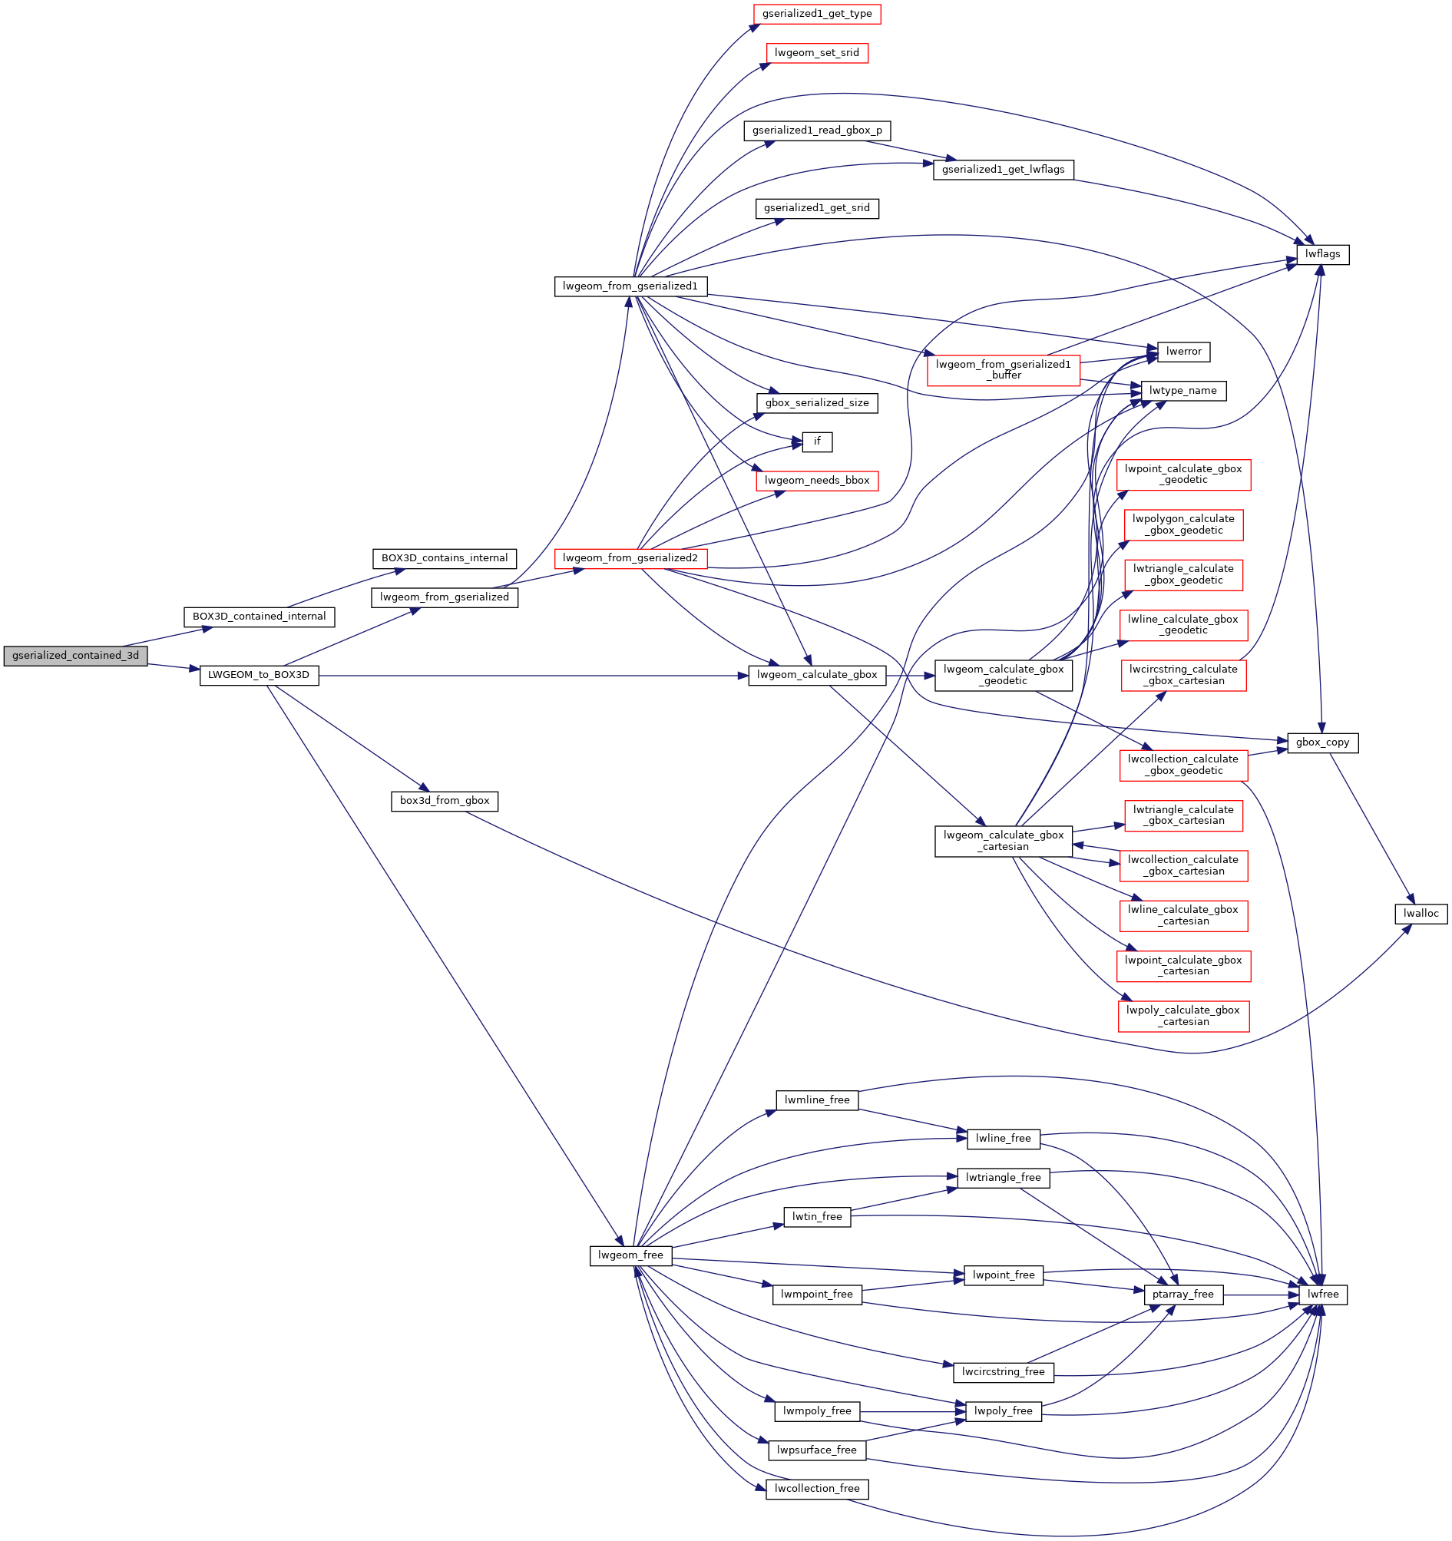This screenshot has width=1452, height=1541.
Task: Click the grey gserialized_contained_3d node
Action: pyautogui.click(x=75, y=656)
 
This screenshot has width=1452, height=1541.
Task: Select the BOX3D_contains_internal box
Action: pyautogui.click(x=445, y=558)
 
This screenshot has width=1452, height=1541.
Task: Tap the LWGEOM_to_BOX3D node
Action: pyautogui.click(x=259, y=675)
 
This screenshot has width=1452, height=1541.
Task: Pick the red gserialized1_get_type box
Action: pyautogui.click(x=816, y=14)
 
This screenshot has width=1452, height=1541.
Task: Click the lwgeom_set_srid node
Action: pyautogui.click(x=816, y=53)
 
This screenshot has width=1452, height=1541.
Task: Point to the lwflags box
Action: pyautogui.click(x=1321, y=254)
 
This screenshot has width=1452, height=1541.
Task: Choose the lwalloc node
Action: pyautogui.click(x=1421, y=914)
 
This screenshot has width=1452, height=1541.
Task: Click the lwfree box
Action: pyautogui.click(x=1322, y=1295)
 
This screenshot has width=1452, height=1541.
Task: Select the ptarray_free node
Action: pyautogui.click(x=1183, y=1295)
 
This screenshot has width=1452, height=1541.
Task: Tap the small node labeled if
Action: pyautogui.click(x=816, y=441)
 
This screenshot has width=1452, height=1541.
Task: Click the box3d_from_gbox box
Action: pyautogui.click(x=445, y=801)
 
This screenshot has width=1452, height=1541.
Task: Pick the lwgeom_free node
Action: pyautogui.click(x=630, y=1255)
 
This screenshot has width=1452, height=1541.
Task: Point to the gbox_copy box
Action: pyautogui.click(x=1322, y=742)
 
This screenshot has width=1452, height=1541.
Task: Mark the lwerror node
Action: pyautogui.click(x=1183, y=352)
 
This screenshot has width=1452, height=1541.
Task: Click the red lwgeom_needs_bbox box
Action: pyautogui.click(x=816, y=481)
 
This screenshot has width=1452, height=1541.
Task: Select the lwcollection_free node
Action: pyautogui.click(x=816, y=1489)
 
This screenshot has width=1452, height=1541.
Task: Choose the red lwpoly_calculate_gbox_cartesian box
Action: pyautogui.click(x=1183, y=1017)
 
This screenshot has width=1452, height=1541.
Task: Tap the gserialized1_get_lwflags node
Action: pyautogui.click(x=1002, y=170)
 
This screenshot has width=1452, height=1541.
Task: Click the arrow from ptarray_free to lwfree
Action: pyautogui.click(x=1261, y=1295)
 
